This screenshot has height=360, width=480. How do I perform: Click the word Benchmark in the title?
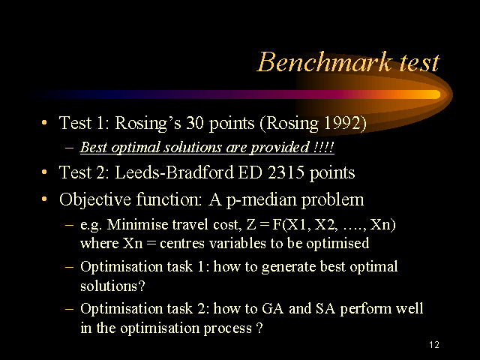(x=325, y=62)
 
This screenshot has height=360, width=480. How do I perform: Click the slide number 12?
(x=434, y=345)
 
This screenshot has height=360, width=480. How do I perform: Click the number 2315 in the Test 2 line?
(x=286, y=172)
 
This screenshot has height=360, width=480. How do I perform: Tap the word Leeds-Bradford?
(x=174, y=172)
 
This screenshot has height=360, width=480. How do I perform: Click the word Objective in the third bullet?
(x=95, y=200)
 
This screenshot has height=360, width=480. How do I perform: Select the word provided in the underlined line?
(x=280, y=148)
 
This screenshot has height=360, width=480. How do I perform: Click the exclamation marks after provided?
(x=324, y=148)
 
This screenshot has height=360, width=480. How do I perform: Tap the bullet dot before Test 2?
(x=44, y=172)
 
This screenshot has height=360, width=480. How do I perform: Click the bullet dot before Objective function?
(x=44, y=199)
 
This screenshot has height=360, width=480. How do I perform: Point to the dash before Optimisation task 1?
(x=70, y=267)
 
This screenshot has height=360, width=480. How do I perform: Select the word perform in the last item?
(x=366, y=309)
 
